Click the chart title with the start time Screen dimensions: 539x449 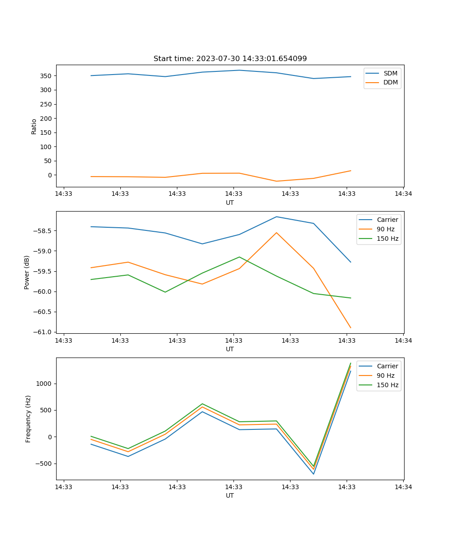[230, 59]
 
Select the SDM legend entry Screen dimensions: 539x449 [390, 73]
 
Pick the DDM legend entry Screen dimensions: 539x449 [390, 82]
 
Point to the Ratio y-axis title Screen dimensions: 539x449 [34, 126]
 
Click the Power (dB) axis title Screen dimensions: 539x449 [27, 272]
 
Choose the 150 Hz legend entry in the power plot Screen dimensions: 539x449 [387, 239]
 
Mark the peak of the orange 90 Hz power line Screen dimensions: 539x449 [277, 233]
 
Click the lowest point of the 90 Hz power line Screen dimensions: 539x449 [351, 328]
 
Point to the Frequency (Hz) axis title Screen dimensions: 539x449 [28, 419]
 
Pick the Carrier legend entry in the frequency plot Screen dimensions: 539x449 [387, 366]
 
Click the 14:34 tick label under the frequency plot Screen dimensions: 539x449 [403, 487]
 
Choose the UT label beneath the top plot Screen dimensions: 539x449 [230, 203]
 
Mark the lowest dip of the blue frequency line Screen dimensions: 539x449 [313, 474]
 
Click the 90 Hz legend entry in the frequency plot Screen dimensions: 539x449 [386, 376]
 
